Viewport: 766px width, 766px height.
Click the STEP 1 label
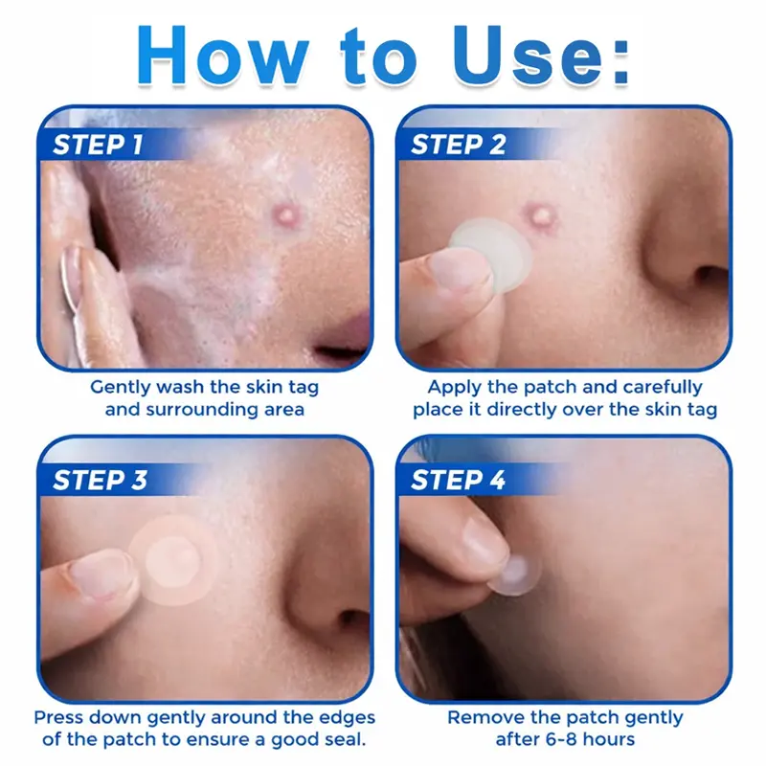pyautogui.click(x=98, y=145)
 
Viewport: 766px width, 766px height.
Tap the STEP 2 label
pyautogui.click(x=459, y=145)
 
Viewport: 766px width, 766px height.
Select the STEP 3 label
pyautogui.click(x=101, y=480)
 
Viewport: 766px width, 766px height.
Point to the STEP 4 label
pyautogui.click(x=459, y=480)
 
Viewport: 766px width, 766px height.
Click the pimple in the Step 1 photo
pyautogui.click(x=284, y=214)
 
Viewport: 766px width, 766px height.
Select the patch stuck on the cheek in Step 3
pyautogui.click(x=173, y=559)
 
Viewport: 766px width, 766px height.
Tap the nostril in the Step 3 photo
pyautogui.click(x=352, y=620)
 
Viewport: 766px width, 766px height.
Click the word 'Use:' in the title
pyautogui.click(x=541, y=55)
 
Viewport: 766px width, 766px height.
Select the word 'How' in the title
pyautogui.click(x=223, y=55)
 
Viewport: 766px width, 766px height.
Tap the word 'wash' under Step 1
pyautogui.click(x=180, y=387)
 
